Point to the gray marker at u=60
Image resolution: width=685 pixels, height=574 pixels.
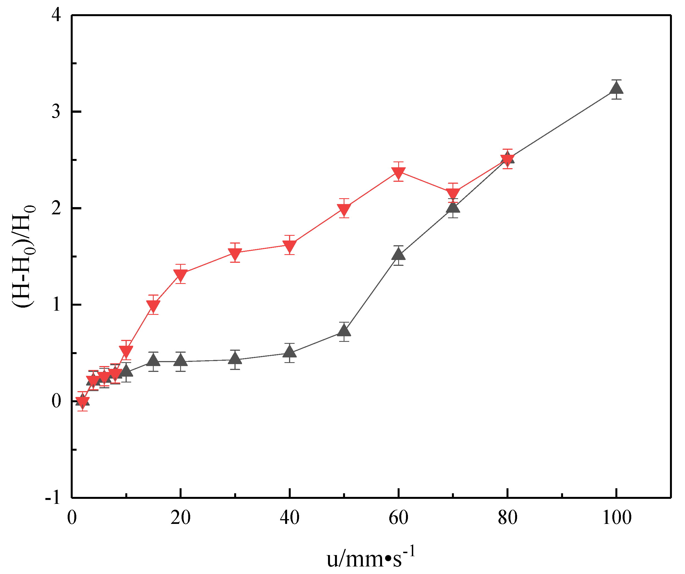click(398, 254)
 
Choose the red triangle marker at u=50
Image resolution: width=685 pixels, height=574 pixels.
click(344, 209)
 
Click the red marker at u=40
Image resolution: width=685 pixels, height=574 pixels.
click(290, 245)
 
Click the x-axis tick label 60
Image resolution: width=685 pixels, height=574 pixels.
click(398, 517)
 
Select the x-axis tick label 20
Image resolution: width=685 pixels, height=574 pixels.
click(180, 517)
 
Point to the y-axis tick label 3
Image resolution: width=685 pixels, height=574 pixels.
click(56, 112)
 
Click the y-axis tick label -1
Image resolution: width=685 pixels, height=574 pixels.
click(53, 498)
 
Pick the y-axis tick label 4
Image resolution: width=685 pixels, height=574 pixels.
click(56, 15)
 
